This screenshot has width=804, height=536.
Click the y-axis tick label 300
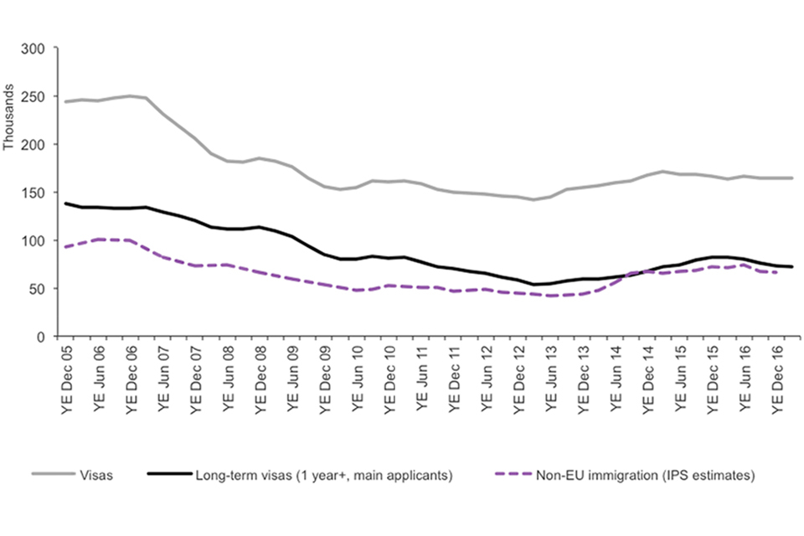[33, 49]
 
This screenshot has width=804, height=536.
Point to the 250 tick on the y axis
[33, 96]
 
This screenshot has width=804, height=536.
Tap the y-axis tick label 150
[33, 193]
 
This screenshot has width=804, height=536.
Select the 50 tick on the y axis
[36, 289]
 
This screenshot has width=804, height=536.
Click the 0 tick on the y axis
[39, 337]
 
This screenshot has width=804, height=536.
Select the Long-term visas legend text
[324, 476]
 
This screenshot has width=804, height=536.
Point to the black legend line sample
[167, 476]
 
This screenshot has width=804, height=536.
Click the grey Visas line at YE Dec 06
[131, 95]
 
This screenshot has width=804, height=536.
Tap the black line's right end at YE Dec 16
[791, 267]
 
